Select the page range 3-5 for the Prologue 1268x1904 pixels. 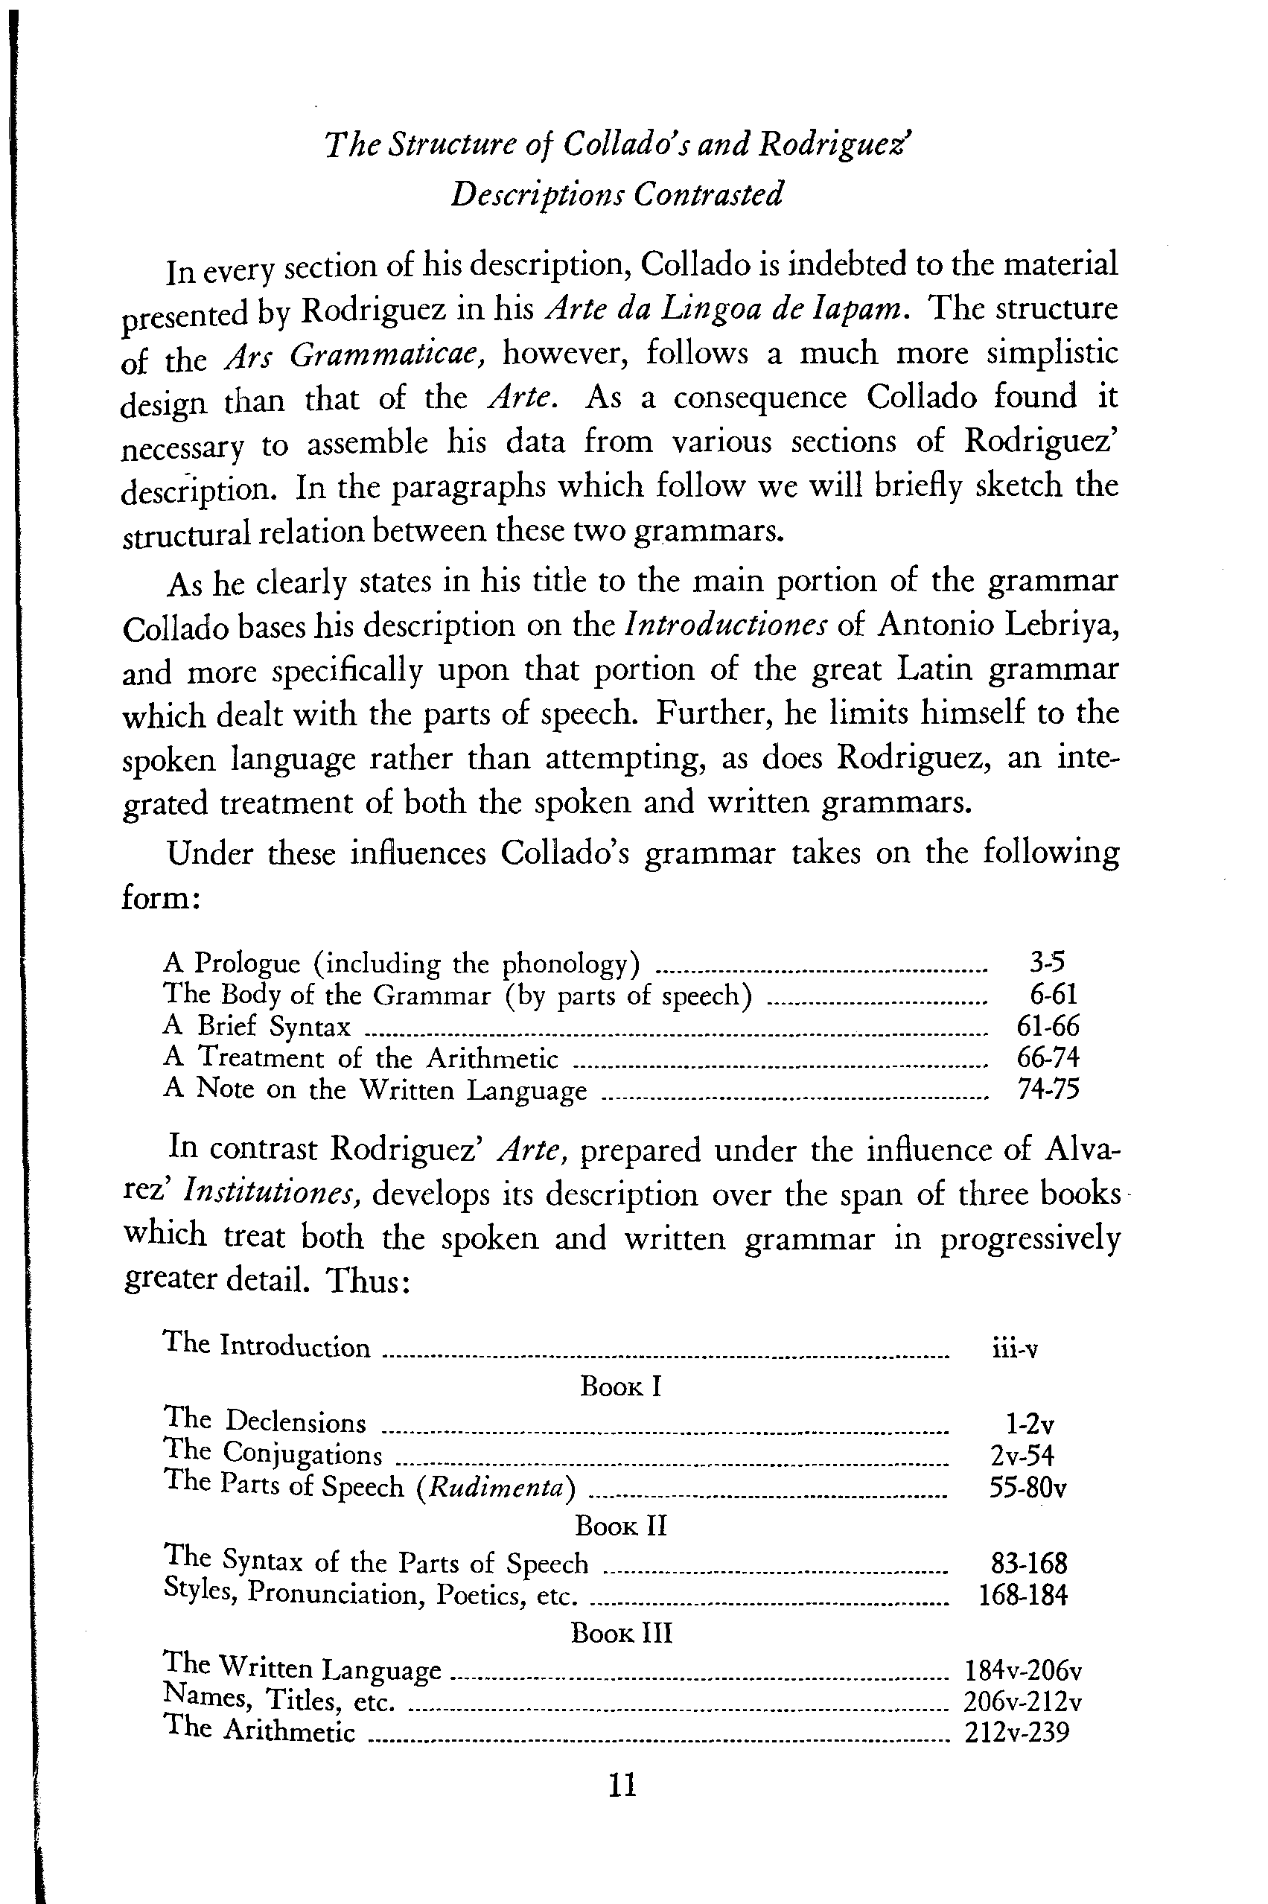[x=1047, y=962]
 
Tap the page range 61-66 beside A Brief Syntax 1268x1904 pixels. [x=1047, y=1026]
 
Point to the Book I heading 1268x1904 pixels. [x=621, y=1386]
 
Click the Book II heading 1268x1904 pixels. [x=621, y=1526]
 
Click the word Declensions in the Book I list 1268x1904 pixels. [x=295, y=1422]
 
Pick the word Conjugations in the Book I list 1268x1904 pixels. [x=302, y=1454]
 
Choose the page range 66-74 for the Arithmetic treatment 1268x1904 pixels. [x=1047, y=1057]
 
